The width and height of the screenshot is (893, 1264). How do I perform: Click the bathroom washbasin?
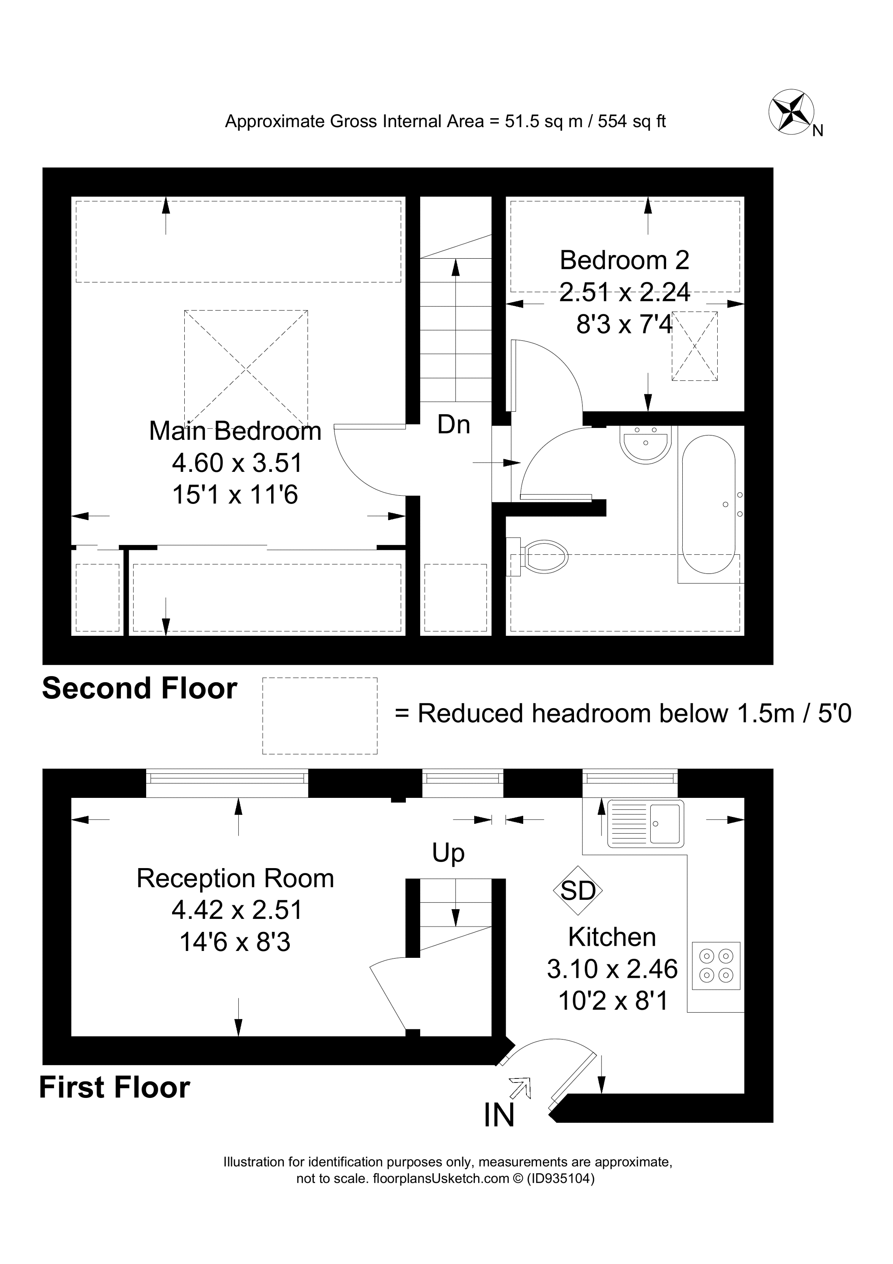[x=645, y=444]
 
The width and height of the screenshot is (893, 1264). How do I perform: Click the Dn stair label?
[x=453, y=425]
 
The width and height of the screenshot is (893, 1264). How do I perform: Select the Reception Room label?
[x=235, y=879]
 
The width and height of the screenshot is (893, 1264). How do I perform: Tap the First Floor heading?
[x=114, y=1088]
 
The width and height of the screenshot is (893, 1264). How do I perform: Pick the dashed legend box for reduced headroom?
[x=320, y=716]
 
